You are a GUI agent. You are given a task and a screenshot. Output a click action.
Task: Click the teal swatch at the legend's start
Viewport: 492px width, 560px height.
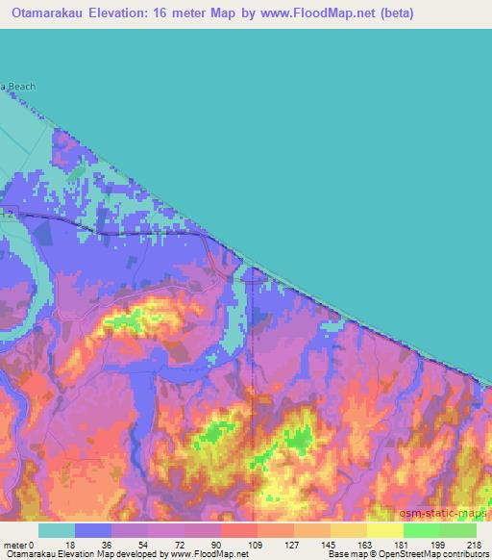point(57,530)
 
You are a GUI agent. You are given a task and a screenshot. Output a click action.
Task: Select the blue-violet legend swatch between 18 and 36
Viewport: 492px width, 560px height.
point(93,530)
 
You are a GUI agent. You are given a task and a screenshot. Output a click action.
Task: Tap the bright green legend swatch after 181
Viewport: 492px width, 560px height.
point(422,530)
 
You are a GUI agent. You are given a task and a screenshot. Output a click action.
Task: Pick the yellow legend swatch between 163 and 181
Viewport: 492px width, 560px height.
point(385,530)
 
